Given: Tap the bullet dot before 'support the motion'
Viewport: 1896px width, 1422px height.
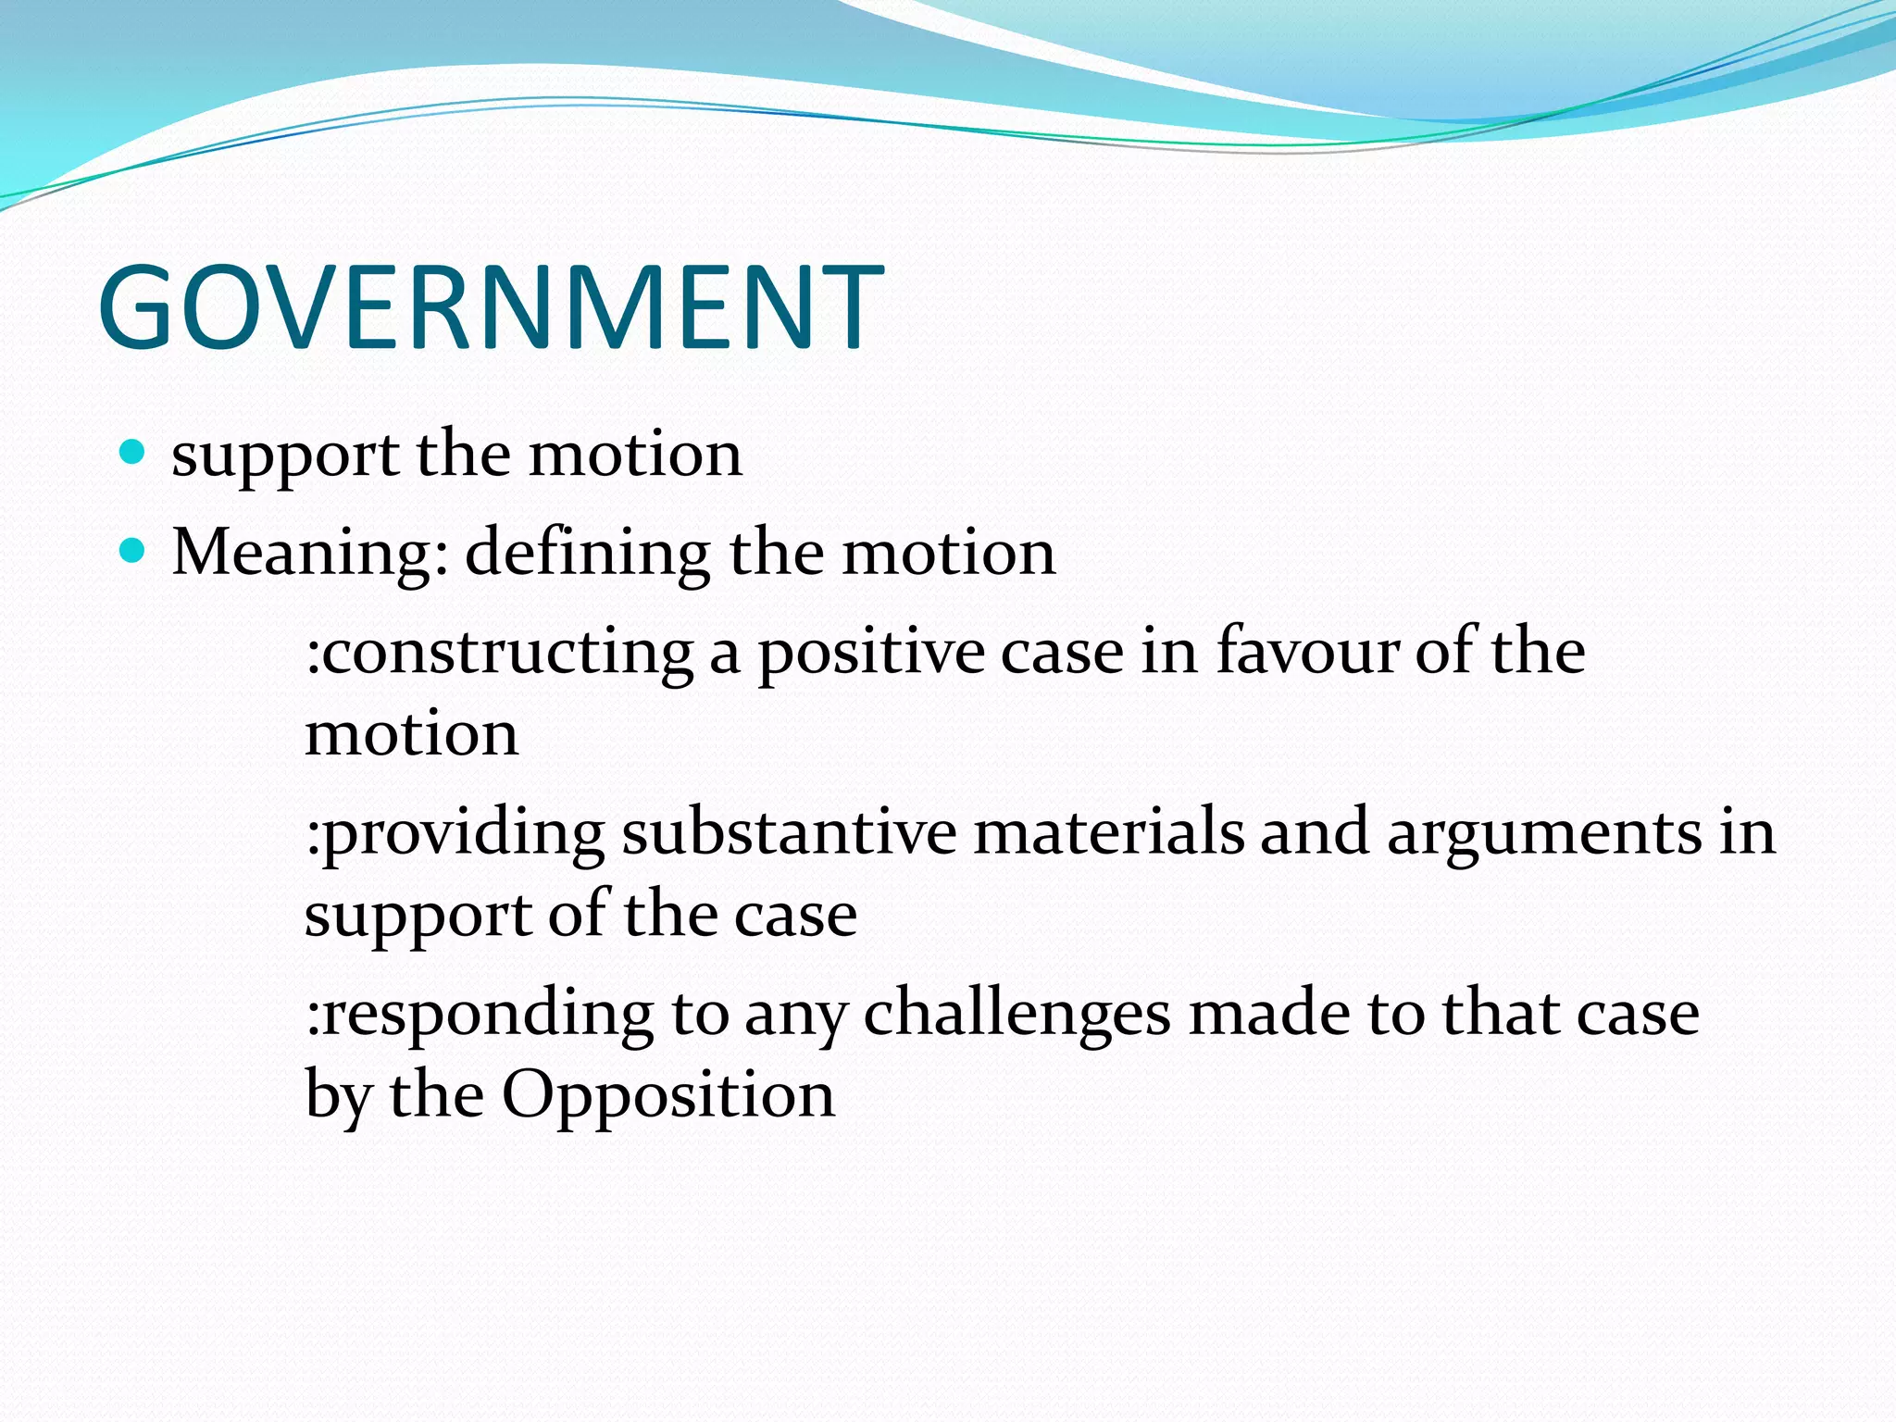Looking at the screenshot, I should click(133, 453).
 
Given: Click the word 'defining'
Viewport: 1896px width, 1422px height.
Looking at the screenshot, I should click(587, 553).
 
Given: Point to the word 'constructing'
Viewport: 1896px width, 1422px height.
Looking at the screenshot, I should click(500, 652).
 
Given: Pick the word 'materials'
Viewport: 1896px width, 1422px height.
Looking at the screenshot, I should click(1108, 831).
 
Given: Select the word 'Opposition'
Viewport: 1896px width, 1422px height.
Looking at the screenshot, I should click(668, 1096).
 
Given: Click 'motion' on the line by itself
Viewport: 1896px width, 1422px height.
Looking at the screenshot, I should click(411, 734).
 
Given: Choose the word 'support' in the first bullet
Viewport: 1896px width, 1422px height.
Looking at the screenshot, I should click(285, 456).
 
